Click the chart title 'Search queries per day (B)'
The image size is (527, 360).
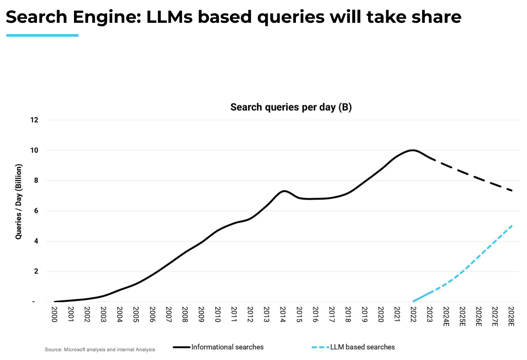tap(291, 107)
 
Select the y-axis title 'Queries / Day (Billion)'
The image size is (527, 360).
tap(19, 202)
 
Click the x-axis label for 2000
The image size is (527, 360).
tap(54, 316)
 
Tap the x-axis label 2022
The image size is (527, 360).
tap(413, 316)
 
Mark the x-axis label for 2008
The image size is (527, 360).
tap(185, 316)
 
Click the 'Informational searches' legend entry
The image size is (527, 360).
tap(227, 347)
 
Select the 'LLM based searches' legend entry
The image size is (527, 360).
tap(362, 347)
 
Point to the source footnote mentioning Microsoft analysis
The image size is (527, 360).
tap(100, 350)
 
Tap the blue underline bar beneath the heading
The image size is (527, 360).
tap(42, 35)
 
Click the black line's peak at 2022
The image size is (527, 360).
tap(412, 150)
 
